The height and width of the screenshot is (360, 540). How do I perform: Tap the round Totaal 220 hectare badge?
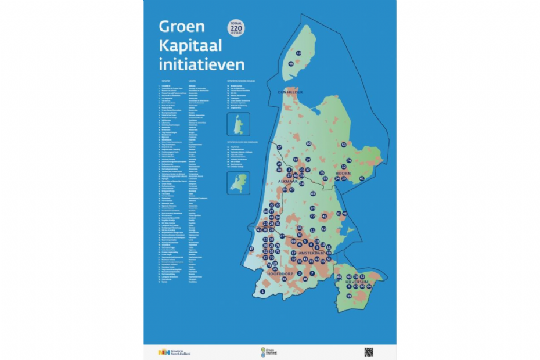tap(236, 29)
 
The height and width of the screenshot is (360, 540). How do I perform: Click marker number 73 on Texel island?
tap(298, 53)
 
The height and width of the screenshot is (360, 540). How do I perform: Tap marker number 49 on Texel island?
tap(291, 63)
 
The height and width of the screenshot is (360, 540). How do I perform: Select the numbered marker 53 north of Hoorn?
tap(344, 145)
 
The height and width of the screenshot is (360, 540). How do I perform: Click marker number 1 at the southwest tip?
tap(263, 291)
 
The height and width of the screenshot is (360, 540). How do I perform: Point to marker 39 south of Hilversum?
tap(349, 296)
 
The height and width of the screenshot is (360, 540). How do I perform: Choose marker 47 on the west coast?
tap(252, 249)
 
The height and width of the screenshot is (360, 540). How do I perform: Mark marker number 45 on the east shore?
tap(345, 214)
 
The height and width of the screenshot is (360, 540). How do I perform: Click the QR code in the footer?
tap(368, 351)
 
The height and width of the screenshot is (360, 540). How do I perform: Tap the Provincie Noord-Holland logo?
tap(174, 352)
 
